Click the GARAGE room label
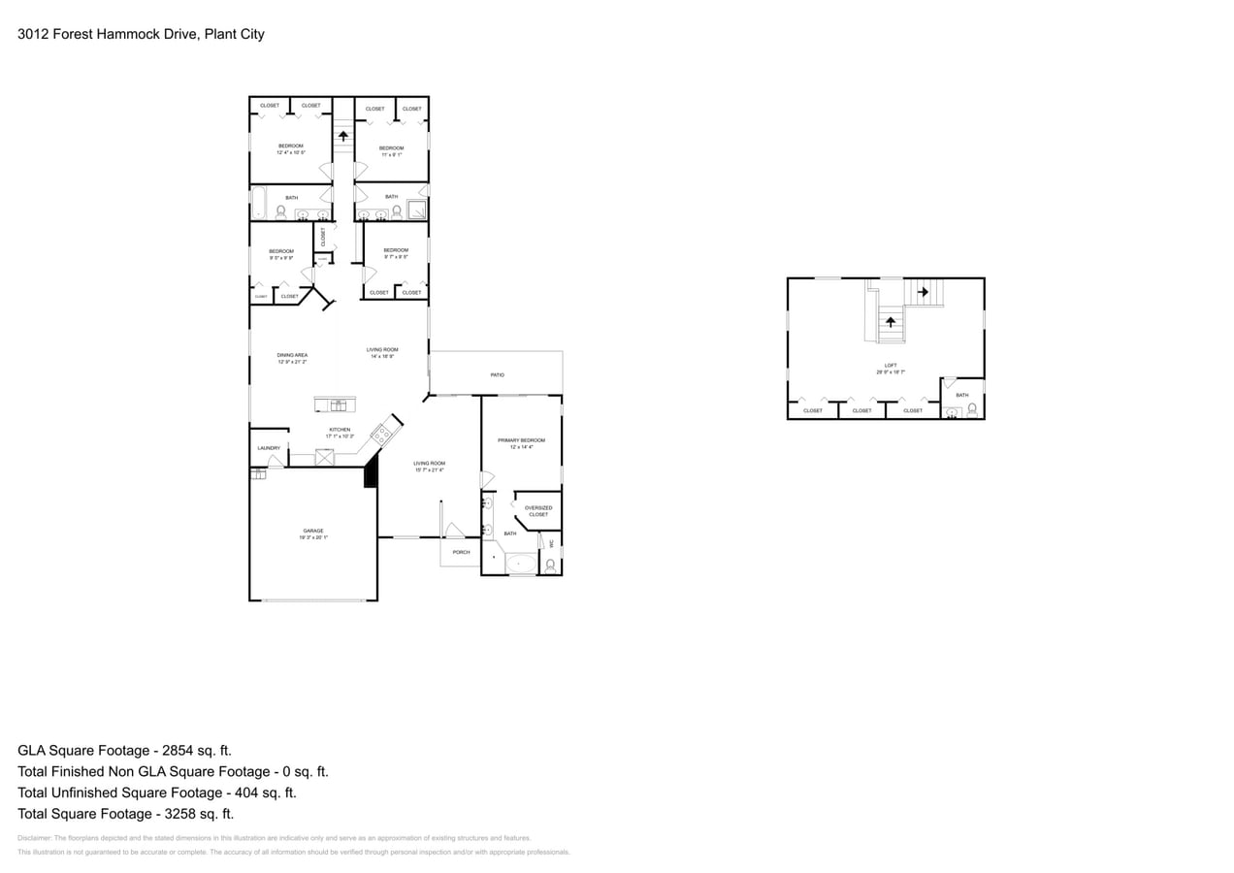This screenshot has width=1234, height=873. tap(312, 531)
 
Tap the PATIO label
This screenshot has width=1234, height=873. tap(497, 374)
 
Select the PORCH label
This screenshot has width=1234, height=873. tap(461, 552)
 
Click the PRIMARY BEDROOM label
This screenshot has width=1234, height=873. tap(521, 440)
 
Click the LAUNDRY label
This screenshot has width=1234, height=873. tap(269, 448)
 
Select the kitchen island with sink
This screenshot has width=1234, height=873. tap(335, 404)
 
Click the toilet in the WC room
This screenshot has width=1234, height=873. tap(550, 566)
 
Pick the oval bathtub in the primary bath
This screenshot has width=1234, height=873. tap(521, 564)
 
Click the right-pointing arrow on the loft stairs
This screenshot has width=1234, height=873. tap(923, 291)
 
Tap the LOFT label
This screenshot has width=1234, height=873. tap(891, 366)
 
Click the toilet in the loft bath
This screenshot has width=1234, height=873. tap(972, 410)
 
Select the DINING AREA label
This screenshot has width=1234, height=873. tap(292, 355)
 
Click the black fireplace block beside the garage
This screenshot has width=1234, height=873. tap(370, 474)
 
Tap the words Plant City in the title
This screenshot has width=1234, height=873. tap(234, 34)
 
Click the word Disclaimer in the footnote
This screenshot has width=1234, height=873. tap(34, 838)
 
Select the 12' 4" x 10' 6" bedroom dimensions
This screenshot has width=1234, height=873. tap(291, 152)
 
